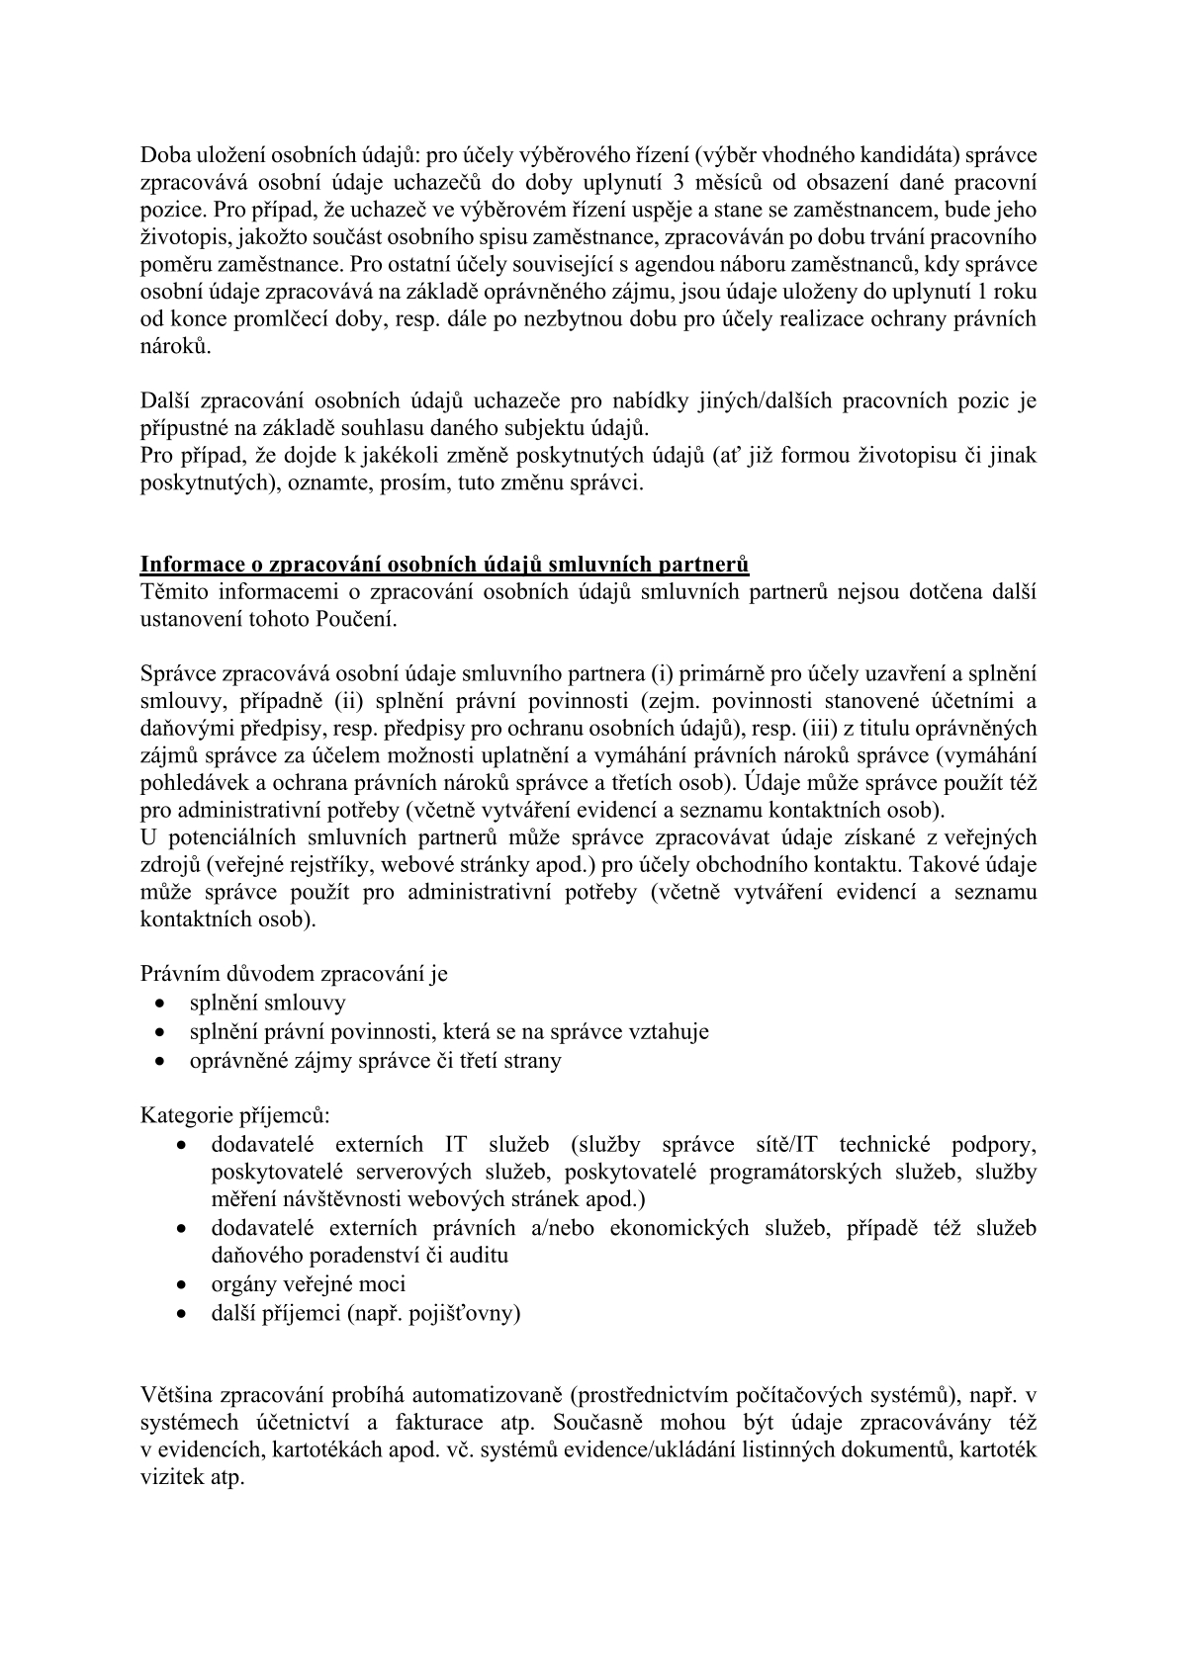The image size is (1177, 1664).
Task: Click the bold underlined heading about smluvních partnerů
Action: tap(444, 565)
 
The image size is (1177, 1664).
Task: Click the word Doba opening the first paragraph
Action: tap(163, 155)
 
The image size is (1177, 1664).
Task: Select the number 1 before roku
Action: tap(988, 292)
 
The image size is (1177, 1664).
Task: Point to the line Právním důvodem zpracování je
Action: tap(294, 973)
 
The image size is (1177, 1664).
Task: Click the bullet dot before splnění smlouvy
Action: tap(161, 1004)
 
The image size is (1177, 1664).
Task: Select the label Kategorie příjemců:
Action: tap(235, 1115)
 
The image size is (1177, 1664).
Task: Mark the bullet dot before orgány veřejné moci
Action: tap(182, 1285)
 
